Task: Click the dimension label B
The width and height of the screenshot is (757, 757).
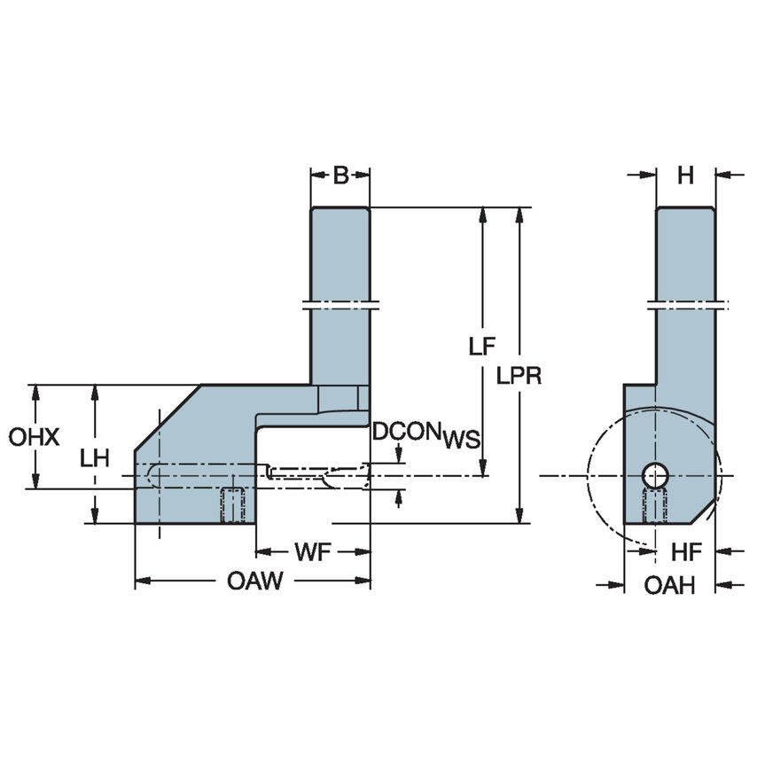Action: [340, 176]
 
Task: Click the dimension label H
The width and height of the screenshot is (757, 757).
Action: [685, 176]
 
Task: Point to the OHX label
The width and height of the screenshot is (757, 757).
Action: [34, 437]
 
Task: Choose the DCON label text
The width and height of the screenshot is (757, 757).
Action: [407, 432]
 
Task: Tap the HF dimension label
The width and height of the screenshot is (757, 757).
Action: [685, 552]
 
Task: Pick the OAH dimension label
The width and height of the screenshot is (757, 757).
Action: [669, 585]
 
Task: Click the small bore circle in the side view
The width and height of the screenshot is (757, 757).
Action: [656, 475]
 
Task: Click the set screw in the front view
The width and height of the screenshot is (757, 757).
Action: [233, 505]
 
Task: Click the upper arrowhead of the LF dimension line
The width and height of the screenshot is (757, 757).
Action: [483, 216]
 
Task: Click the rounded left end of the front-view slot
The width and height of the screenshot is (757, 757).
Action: [152, 475]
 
